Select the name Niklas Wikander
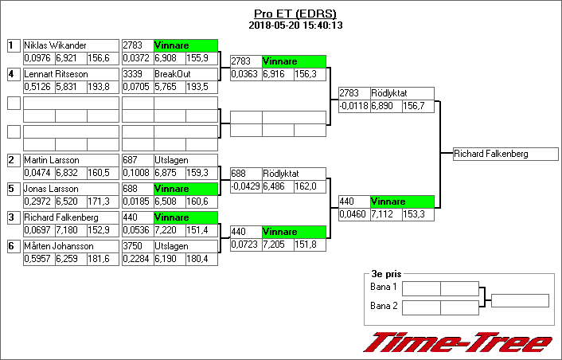(55, 45)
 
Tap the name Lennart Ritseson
(55, 74)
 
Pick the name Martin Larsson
(52, 160)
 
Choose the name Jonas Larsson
(51, 189)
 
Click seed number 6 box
(14, 246)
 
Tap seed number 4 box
(14, 74)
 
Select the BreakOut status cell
(185, 74)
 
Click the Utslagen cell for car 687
(185, 160)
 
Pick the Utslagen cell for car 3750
(185, 246)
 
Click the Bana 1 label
(384, 287)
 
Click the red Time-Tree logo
(458, 342)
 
